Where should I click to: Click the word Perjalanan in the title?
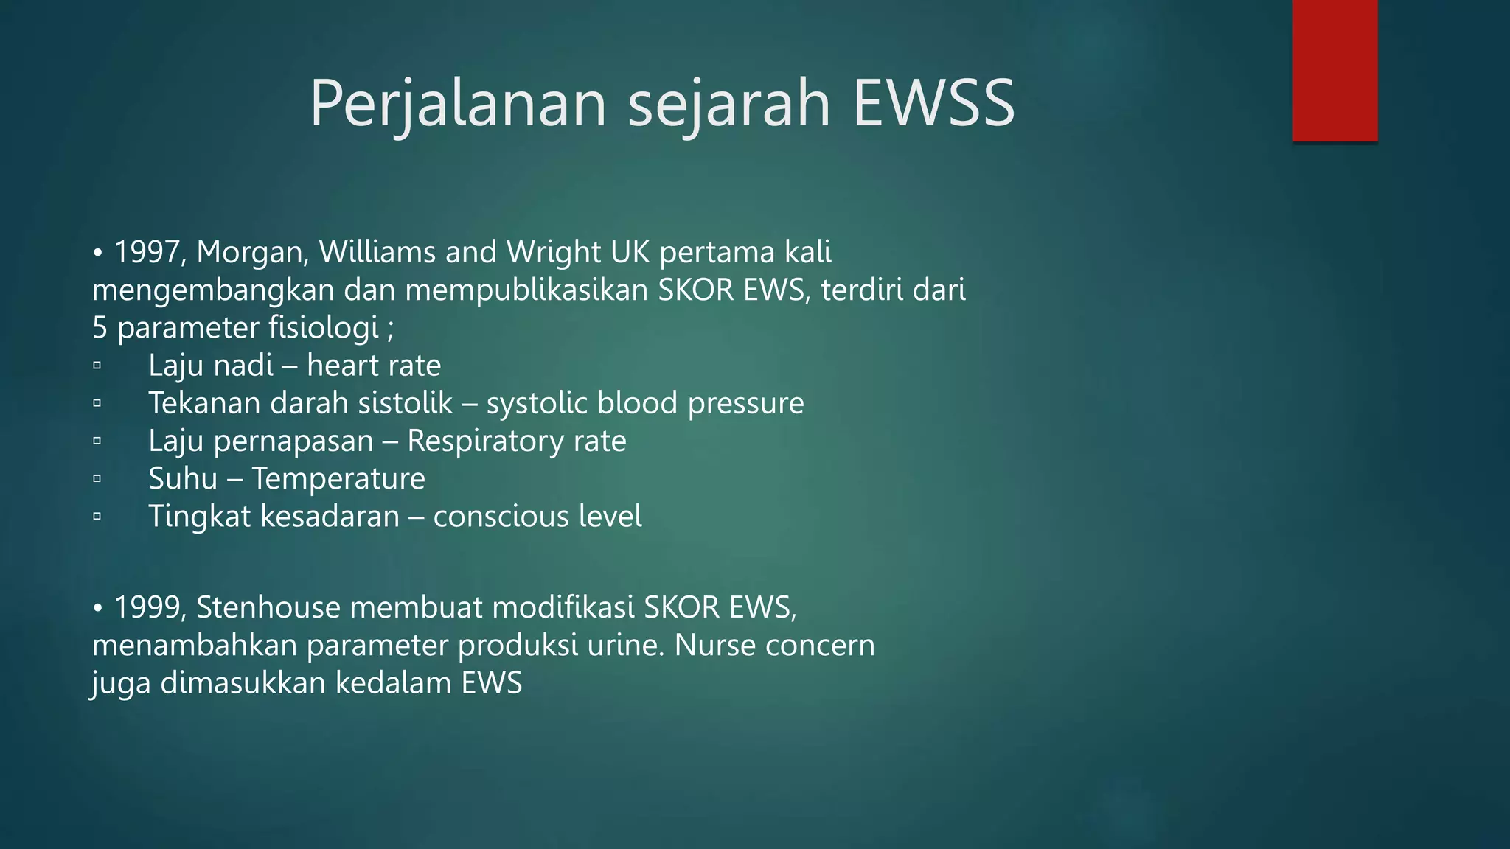457,103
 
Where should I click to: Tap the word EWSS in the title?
933,103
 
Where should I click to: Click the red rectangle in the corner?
1335,71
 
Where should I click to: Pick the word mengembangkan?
213,290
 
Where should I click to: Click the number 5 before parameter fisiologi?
100,327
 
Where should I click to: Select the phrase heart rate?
374,366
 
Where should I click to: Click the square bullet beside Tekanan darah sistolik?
97,403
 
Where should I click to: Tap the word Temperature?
338,478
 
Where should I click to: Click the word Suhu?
183,478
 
